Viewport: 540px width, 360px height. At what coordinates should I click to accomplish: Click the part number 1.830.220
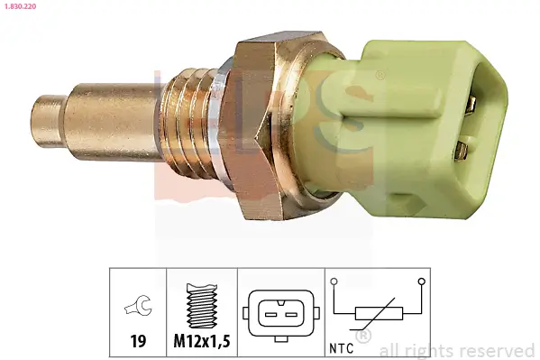(20, 6)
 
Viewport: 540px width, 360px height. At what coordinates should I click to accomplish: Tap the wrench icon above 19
(138, 309)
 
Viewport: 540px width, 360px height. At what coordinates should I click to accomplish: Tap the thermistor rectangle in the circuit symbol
(377, 315)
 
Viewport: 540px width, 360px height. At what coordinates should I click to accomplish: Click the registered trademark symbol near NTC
(363, 337)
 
